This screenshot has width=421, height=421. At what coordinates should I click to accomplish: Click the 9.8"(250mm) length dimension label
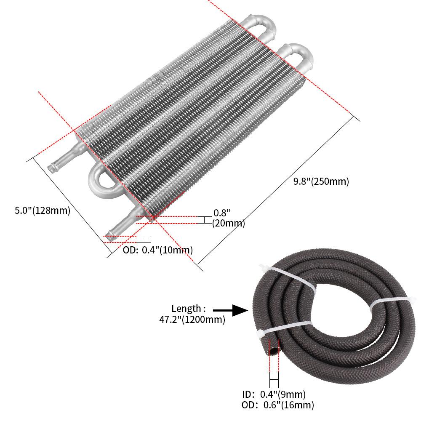click(321, 182)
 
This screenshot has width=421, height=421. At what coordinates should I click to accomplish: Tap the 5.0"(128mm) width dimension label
click(42, 210)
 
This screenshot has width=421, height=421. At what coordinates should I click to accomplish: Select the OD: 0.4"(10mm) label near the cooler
click(158, 250)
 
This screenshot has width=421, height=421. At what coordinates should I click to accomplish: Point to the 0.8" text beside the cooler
click(222, 213)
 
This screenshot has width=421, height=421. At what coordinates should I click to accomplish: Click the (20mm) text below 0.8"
click(228, 223)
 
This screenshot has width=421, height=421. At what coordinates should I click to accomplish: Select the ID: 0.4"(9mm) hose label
click(274, 394)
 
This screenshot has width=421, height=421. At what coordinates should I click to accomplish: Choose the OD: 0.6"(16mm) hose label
click(278, 405)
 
